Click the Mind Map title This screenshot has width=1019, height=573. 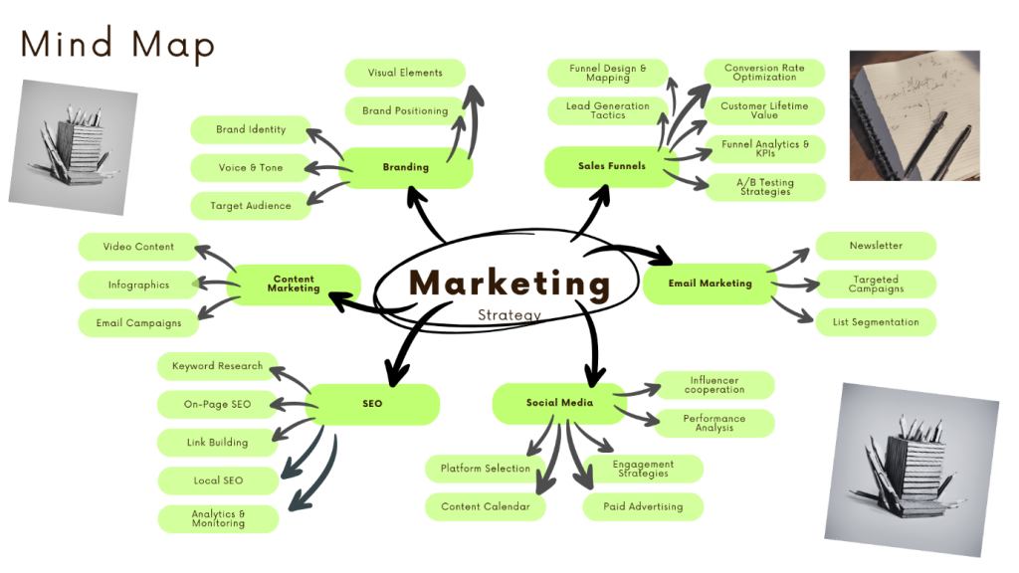tap(117, 44)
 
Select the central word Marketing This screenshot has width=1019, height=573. tap(509, 283)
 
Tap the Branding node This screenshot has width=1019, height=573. tap(405, 167)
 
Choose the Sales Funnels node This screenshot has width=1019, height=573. tap(611, 166)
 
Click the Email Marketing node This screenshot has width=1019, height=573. tap(710, 284)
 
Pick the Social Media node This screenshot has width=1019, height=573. tap(559, 403)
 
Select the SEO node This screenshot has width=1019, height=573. tap(372, 404)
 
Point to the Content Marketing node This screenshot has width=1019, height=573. tap(294, 285)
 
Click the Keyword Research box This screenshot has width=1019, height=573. tap(217, 366)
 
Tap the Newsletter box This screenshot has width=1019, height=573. tap(876, 246)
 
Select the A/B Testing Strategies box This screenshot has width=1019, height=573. tap(765, 187)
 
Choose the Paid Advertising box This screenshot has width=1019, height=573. tap(643, 506)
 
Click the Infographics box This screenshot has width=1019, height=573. tap(138, 286)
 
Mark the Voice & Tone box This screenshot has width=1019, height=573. tap(251, 168)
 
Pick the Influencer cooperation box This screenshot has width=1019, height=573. tap(714, 385)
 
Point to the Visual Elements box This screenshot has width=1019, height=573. tap(405, 73)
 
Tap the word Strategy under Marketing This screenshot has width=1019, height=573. tap(509, 315)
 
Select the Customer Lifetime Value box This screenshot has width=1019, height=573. tap(765, 110)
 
